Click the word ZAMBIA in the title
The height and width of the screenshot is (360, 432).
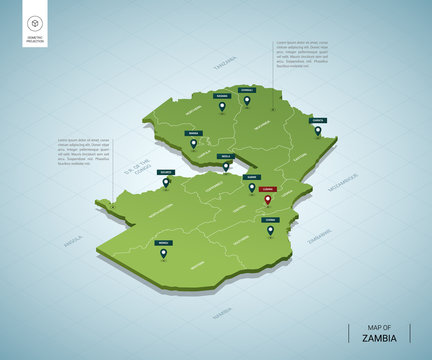pos(377,337)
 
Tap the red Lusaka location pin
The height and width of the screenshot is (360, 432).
pos(267,200)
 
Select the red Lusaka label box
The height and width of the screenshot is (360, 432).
pos(267,188)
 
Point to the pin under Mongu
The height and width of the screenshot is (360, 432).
pos(163,253)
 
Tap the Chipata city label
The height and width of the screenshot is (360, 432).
pos(316,120)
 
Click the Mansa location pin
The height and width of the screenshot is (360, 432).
pos(193,144)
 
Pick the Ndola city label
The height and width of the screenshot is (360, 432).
pos(225,156)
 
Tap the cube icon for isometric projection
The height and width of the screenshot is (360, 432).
pos(35,22)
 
